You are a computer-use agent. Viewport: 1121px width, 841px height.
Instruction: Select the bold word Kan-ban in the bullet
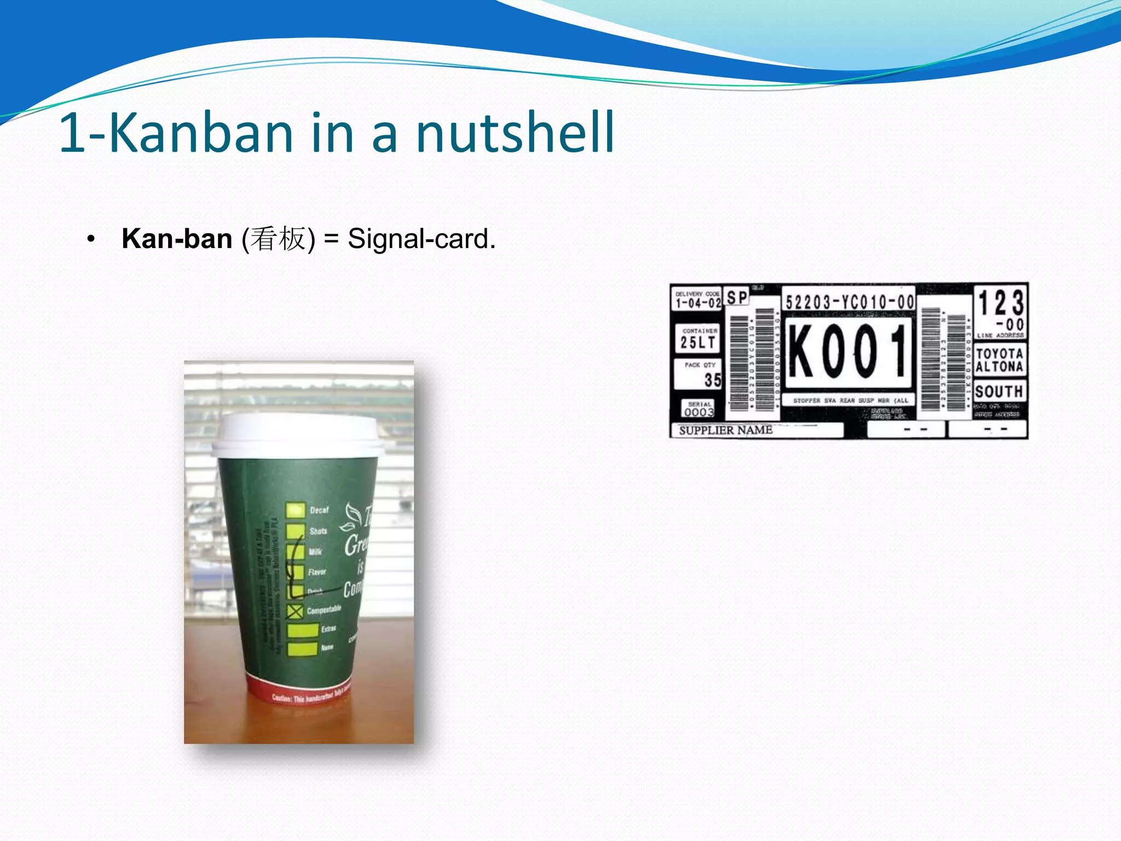tap(177, 239)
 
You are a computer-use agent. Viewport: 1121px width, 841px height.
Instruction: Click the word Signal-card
tap(421, 239)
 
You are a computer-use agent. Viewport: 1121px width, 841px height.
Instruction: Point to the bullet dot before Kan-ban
tap(91, 239)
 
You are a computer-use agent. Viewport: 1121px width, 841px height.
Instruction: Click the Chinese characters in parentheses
tap(279, 239)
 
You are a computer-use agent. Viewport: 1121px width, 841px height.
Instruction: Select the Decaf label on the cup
tap(319, 510)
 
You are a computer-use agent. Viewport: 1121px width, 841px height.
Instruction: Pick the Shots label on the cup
tap(318, 531)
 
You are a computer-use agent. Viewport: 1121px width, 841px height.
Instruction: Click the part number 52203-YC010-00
tap(849, 301)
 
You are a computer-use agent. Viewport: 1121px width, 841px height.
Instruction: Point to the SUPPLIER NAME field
tap(726, 430)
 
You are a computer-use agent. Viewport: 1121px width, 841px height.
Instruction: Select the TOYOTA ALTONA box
tap(999, 360)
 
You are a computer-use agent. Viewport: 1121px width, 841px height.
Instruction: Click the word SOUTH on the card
tap(999, 391)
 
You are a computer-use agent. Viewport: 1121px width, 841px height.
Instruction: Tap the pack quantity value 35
tap(712, 379)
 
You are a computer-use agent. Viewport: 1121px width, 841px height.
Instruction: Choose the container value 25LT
tap(698, 343)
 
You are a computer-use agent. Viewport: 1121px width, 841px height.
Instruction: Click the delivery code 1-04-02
tap(698, 303)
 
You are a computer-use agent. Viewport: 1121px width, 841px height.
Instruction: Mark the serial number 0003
tap(699, 412)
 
